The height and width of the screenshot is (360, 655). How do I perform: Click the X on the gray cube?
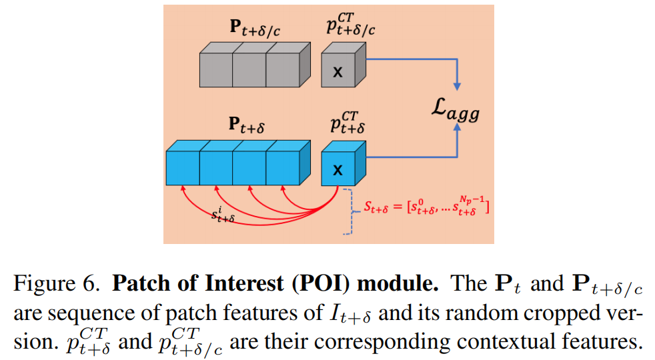(x=338, y=72)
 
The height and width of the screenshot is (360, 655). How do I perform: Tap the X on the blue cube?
(x=338, y=171)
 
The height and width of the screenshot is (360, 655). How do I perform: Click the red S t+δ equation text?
(x=426, y=208)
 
